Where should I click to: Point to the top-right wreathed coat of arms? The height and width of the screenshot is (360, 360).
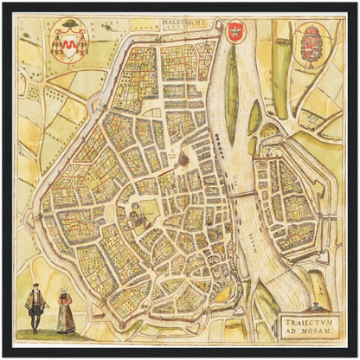[308, 41]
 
